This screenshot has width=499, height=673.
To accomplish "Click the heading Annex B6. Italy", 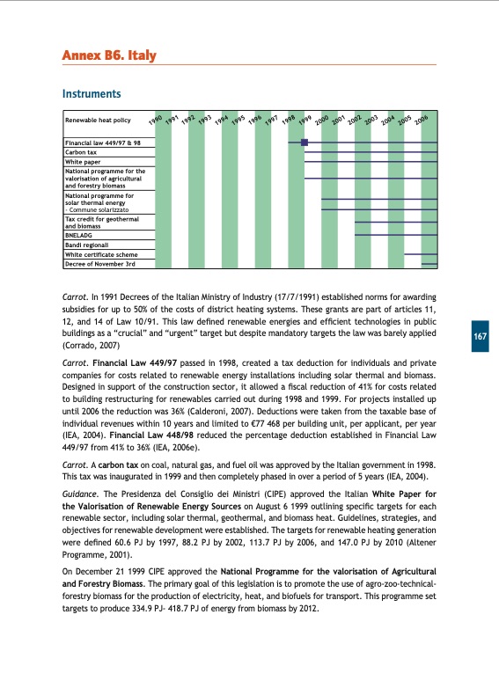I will coord(109,56).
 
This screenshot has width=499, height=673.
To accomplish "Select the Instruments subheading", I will coord(91,93).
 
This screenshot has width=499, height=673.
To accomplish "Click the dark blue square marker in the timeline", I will coord(305,142).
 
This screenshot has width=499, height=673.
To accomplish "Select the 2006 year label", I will coord(420,118).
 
